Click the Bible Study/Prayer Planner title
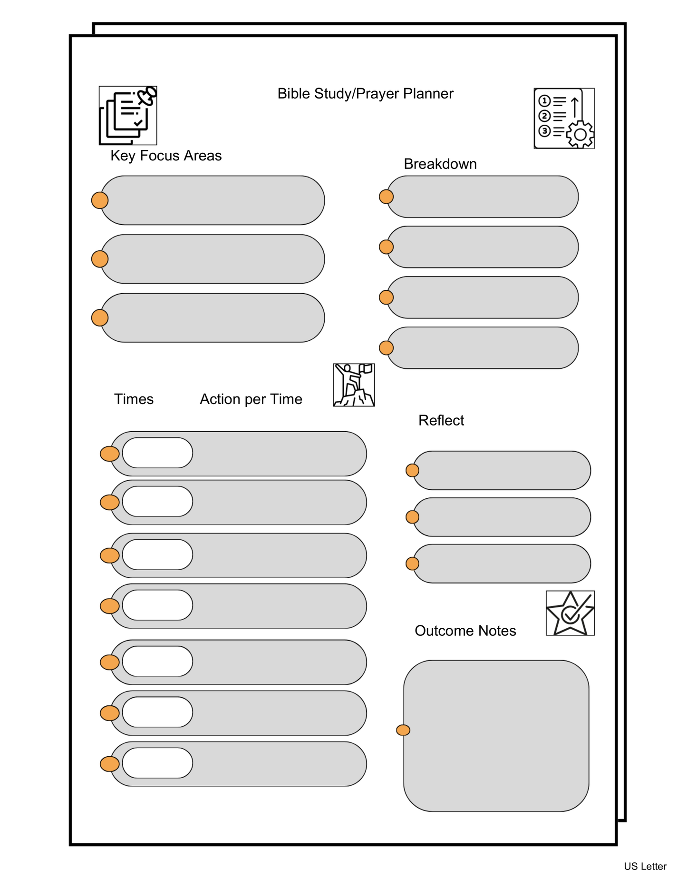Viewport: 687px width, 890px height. (365, 94)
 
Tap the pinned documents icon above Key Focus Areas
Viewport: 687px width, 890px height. (128, 116)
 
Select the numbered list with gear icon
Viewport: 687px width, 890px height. (564, 119)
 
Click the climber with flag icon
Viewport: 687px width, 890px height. (354, 385)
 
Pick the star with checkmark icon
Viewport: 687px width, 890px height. (570, 613)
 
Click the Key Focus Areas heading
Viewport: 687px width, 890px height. (166, 156)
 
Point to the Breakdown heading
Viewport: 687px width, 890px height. (440, 164)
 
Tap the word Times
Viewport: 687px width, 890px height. (134, 399)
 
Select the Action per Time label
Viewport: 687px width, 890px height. (251, 399)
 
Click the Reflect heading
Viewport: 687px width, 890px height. (441, 420)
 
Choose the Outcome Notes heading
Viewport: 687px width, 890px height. (465, 631)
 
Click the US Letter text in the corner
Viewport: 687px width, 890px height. (645, 866)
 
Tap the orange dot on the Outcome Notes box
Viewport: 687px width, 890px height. (403, 730)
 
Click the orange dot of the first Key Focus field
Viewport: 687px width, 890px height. (100, 200)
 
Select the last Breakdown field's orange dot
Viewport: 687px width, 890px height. (386, 348)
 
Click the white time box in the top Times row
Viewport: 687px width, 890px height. (157, 453)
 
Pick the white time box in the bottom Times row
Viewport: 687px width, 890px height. (157, 763)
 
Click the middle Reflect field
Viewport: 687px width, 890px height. (502, 517)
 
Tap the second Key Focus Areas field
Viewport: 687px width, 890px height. (213, 259)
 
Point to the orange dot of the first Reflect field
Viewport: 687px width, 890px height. (412, 470)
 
